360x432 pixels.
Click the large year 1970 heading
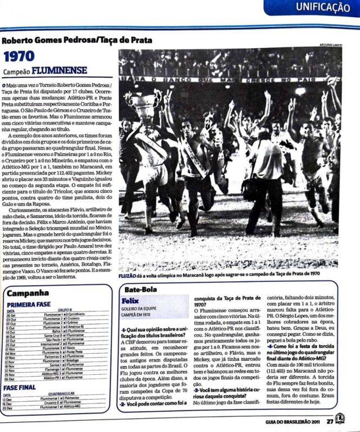pyautogui.click(x=19, y=56)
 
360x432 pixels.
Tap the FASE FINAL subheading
pyautogui.click(x=19, y=387)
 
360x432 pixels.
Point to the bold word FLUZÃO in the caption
pyautogui.click(x=128, y=275)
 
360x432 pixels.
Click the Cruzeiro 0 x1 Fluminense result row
pyautogui.click(x=67, y=403)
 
